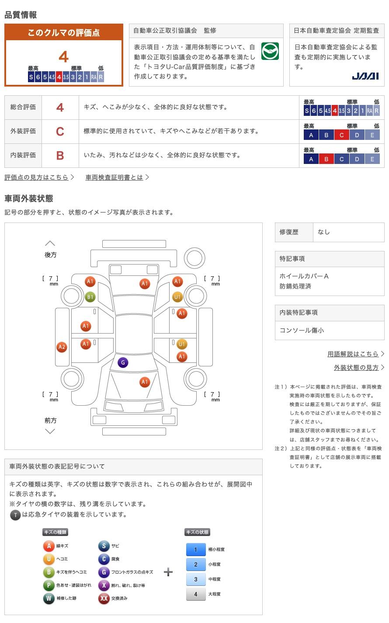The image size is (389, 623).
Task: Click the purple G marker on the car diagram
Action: (x=123, y=362)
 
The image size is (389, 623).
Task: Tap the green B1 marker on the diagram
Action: (x=90, y=297)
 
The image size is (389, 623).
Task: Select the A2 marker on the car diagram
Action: (x=62, y=347)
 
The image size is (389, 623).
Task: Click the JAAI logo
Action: (x=365, y=76)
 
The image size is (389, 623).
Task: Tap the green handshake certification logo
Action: (x=270, y=51)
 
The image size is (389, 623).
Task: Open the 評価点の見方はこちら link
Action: (x=36, y=177)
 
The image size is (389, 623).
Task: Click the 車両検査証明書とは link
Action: (x=114, y=177)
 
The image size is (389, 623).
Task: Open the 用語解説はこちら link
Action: (x=353, y=354)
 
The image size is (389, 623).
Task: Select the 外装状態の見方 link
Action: (x=356, y=367)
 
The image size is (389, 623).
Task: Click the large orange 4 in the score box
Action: (x=64, y=57)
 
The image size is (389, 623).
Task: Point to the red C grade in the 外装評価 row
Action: (x=60, y=132)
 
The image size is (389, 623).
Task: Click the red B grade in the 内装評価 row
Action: (x=60, y=156)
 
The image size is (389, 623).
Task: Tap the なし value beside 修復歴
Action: (x=324, y=232)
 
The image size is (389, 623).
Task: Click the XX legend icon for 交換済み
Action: (x=104, y=598)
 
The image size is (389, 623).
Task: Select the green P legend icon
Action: (x=49, y=585)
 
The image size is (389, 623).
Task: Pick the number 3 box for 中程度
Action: (x=196, y=579)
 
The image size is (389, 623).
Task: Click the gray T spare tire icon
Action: (x=15, y=515)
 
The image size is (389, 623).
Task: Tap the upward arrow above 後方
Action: (x=50, y=244)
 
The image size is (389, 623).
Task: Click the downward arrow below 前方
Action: (x=50, y=432)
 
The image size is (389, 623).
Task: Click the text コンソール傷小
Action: (x=302, y=330)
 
